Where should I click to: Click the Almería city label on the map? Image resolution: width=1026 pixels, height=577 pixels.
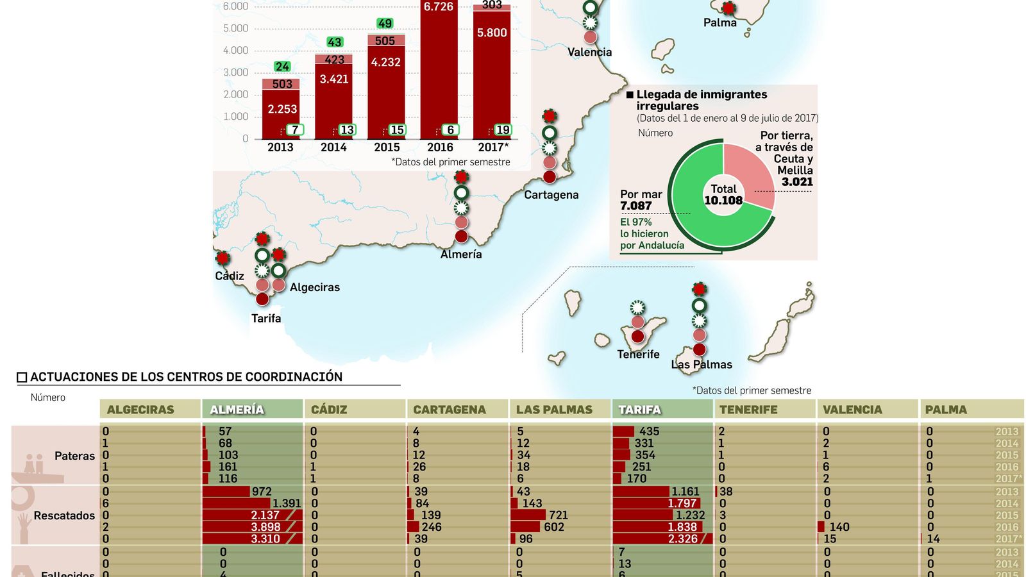(460, 255)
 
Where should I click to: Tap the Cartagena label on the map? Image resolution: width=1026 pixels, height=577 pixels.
(551, 195)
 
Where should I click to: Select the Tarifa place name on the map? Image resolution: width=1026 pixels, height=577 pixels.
(265, 319)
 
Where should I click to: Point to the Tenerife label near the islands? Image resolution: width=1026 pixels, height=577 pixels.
(638, 355)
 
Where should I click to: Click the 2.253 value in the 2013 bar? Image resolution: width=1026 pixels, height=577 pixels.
(282, 110)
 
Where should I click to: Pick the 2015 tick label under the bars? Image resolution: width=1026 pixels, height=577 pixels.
(387, 147)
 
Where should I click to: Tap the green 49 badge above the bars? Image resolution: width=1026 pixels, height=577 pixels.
(385, 24)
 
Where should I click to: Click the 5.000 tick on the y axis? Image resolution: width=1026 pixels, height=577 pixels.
(235, 29)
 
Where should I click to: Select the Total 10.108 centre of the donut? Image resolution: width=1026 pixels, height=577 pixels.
(723, 195)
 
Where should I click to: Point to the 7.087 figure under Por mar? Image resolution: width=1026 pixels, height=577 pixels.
(635, 206)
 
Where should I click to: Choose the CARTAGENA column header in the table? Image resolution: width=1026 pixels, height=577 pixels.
(450, 410)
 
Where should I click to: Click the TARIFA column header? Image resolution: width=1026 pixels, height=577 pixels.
(639, 410)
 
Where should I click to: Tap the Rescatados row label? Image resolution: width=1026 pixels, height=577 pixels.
(64, 515)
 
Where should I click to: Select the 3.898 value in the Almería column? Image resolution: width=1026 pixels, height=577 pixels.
(265, 527)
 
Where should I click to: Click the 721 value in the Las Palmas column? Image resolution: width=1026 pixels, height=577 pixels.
(558, 515)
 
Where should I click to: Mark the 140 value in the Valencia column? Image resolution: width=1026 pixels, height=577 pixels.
(839, 527)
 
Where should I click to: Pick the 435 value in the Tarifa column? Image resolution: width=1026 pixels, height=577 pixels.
(649, 431)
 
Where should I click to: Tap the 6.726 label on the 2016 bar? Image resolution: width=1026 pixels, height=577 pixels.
(439, 7)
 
